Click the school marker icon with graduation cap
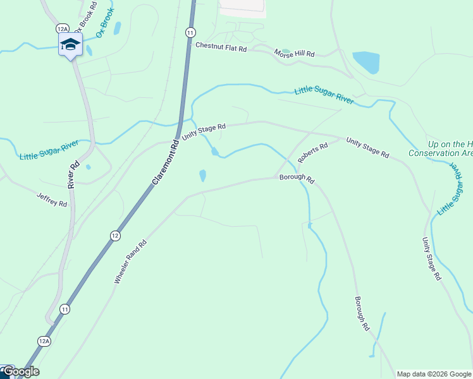[70, 45]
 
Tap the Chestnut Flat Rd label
[221, 46]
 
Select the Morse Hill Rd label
[294, 54]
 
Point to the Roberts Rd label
[313, 152]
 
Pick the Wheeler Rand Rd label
[130, 261]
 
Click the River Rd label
[73, 174]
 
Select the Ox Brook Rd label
[86, 17]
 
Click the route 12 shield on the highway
[114, 236]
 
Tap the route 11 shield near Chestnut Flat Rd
[190, 32]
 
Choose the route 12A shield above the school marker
[62, 28]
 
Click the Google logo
[21, 371]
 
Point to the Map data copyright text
[434, 374]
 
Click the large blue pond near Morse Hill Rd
[366, 63]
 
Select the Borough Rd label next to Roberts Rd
[297, 179]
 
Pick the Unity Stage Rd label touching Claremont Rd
[204, 131]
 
